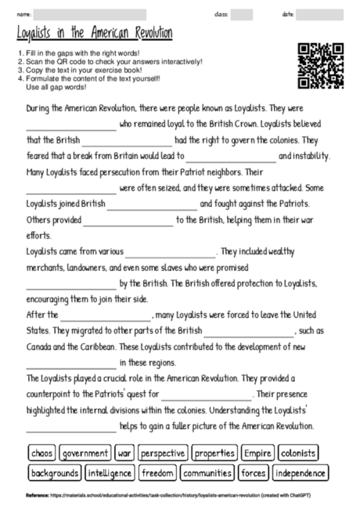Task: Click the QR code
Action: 321,67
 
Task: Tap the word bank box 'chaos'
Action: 40,453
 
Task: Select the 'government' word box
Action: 85,453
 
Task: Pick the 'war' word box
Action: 125,453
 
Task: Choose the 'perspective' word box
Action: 164,453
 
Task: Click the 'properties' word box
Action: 214,453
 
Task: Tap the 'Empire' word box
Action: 257,453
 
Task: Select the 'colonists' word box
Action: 298,453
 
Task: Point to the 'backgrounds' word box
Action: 54,473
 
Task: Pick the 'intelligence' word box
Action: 110,473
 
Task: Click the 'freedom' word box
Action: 158,473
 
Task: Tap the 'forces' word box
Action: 254,473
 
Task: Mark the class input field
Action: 242,14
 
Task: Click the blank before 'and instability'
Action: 231,157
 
